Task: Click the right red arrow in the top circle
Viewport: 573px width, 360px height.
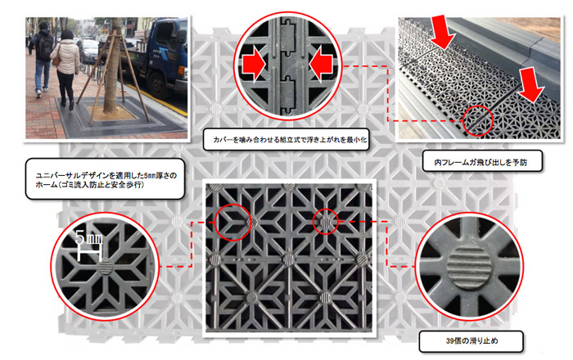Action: point(323,61)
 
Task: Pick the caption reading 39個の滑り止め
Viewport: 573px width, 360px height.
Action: point(456,337)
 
